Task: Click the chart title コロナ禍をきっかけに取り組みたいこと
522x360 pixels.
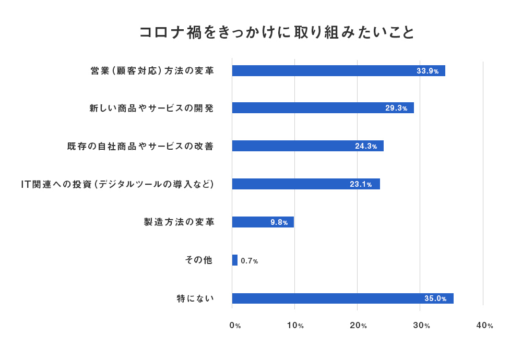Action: (277, 32)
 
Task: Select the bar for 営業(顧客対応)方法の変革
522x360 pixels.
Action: (324, 71)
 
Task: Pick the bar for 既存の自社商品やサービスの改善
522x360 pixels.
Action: (292, 146)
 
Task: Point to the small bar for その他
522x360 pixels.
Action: (235, 260)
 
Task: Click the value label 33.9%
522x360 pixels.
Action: (428, 71)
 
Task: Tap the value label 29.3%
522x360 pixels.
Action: (396, 108)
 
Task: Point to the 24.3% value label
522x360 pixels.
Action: (366, 146)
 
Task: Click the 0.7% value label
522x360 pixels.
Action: (250, 260)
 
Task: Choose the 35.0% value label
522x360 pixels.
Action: (435, 298)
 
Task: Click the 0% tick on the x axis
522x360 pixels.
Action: (235, 326)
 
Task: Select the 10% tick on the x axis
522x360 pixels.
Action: (295, 326)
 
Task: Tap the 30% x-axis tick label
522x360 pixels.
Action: (421, 326)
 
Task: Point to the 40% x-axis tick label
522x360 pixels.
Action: (484, 326)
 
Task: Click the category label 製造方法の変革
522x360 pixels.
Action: (179, 222)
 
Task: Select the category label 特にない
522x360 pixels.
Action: (196, 298)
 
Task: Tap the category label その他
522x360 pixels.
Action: (199, 260)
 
